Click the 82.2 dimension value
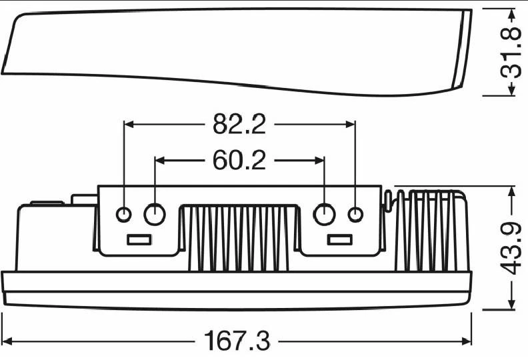click(239, 124)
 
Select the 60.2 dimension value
click(239, 160)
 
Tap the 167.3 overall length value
click(237, 341)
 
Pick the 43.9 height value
click(511, 248)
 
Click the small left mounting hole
click(123, 215)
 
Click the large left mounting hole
click(155, 214)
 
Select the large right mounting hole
click(324, 214)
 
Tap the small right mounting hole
click(355, 215)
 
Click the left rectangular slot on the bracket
click(139, 240)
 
